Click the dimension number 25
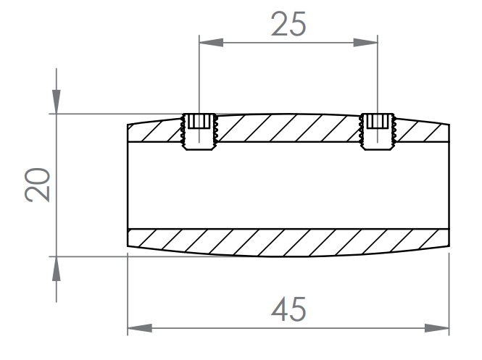288,24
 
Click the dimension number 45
288,309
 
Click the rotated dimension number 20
37,185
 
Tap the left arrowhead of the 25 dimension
211,43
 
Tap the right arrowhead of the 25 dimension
365,43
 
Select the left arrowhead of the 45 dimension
140,328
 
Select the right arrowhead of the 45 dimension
437,328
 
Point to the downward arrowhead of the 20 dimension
57,101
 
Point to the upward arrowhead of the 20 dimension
57,269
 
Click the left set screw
199,132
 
